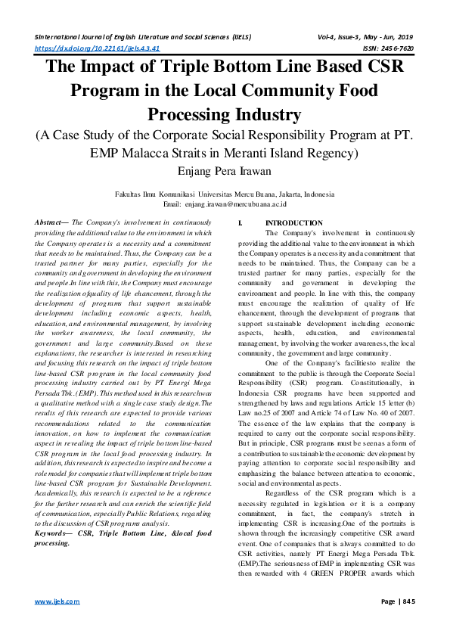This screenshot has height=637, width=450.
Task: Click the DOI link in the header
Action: click(x=98, y=48)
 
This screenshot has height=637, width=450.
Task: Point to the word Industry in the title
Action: click(x=271, y=115)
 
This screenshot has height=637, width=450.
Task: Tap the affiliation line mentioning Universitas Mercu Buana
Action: click(x=225, y=194)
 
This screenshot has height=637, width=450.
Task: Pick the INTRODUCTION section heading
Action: click(x=294, y=223)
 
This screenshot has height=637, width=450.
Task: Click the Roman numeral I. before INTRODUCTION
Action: click(x=240, y=223)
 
